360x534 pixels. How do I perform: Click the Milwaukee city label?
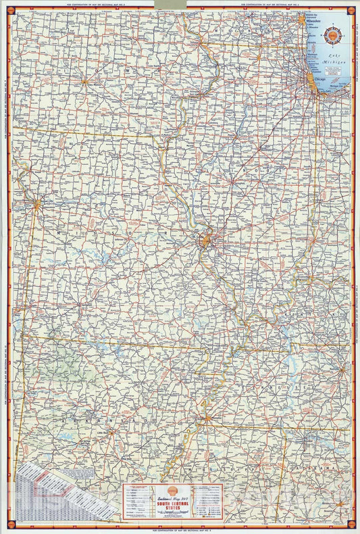coord(315,21)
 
